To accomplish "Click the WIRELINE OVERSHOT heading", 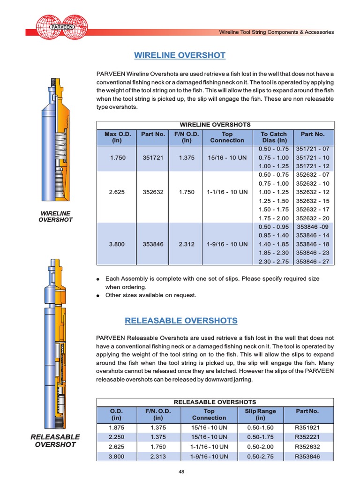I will (180, 55).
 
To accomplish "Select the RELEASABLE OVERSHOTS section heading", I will (181, 321).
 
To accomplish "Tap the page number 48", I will (181, 472).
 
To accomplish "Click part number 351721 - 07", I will (313, 149).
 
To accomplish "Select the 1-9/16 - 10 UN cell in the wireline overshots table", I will (227, 244).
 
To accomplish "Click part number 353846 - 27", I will (313, 261).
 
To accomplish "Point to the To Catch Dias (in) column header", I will (274, 137).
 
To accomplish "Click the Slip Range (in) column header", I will (261, 414).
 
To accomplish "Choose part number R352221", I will (307, 437).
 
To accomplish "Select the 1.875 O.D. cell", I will (116, 427).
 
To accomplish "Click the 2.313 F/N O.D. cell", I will (158, 456).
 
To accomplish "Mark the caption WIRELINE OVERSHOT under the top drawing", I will (56, 216).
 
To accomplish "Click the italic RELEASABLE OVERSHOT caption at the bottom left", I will (55, 441).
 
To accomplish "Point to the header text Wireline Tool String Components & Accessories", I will (277, 32).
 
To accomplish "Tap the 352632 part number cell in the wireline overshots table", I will (153, 192).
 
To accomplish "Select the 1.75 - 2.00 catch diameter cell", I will (274, 218).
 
